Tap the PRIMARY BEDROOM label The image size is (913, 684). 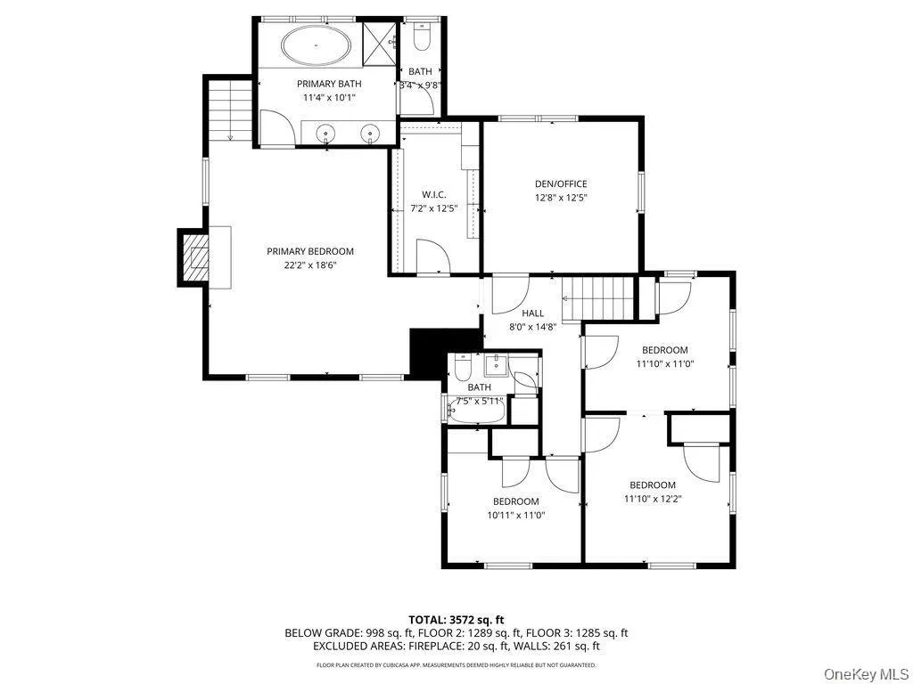click(x=310, y=251)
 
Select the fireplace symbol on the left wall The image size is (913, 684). click(x=193, y=257)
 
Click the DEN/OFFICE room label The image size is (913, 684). click(x=560, y=184)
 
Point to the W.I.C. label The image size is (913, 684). click(x=433, y=195)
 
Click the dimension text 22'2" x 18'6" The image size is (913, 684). click(x=310, y=265)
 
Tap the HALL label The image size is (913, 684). click(x=532, y=313)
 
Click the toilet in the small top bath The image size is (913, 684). click(x=422, y=37)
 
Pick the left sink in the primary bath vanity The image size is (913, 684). click(x=328, y=134)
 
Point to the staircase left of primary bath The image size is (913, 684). click(x=229, y=108)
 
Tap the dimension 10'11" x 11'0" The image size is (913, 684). click(x=515, y=515)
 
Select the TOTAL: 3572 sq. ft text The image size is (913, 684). click(x=456, y=619)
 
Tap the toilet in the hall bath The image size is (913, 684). click(x=463, y=368)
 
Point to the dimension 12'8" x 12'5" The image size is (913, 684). click(x=560, y=198)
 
